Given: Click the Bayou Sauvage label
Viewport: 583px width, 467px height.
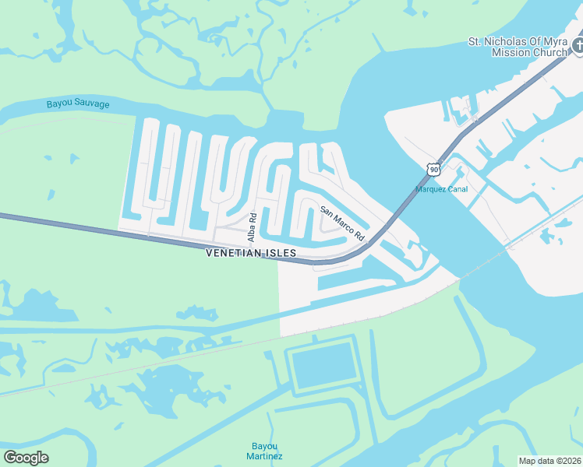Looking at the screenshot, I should coord(78,104).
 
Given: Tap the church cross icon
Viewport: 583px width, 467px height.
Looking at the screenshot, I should coord(578,46).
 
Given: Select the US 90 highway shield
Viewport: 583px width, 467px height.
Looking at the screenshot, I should coord(433,169).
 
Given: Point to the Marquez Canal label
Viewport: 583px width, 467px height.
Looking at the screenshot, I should coord(442,188).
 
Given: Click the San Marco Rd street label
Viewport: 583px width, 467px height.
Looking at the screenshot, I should coord(342,223).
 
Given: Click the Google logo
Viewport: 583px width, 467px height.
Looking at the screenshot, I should coord(26,458).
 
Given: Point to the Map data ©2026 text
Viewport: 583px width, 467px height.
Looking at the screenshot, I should coord(549,461).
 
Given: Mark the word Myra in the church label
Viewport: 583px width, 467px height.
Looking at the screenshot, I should coord(555,41).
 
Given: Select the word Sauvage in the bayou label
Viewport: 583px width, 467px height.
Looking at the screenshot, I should coord(92,104).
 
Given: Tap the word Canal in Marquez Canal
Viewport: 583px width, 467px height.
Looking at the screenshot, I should coord(456,188).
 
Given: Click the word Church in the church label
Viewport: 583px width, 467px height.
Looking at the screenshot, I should coord(549,52).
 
